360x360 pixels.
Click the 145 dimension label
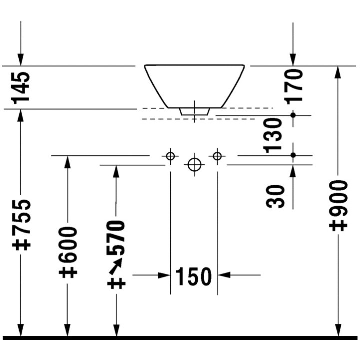click(21, 87)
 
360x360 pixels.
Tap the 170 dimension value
click(295, 85)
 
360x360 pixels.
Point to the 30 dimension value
click(275, 196)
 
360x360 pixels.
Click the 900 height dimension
click(338, 205)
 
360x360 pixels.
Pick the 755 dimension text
click(22, 224)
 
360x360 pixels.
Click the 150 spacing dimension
click(194, 276)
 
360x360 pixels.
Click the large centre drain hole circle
click(194, 164)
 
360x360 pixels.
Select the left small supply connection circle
click(170, 156)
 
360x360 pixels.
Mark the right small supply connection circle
click(217, 156)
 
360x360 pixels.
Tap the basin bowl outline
click(194, 85)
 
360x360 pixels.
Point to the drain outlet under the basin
click(194, 111)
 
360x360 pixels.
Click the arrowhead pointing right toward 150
click(163, 275)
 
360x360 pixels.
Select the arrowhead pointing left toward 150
click(224, 275)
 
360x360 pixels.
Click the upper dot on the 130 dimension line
click(293, 115)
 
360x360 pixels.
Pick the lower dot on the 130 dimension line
click(293, 155)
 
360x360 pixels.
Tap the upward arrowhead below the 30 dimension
click(293, 170)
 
